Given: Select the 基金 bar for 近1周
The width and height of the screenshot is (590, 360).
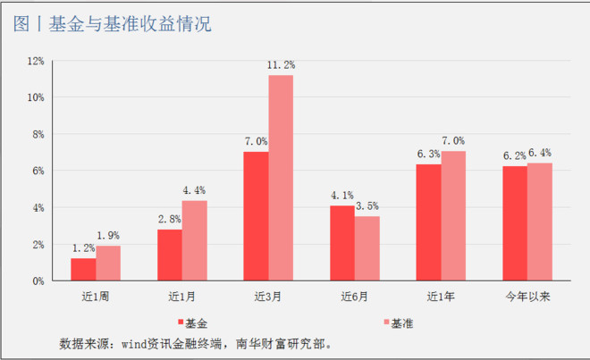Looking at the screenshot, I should click(83, 269).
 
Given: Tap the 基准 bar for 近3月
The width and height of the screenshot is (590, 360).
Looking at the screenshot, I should click(281, 178).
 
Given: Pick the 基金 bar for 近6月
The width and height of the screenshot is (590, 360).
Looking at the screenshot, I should click(341, 243).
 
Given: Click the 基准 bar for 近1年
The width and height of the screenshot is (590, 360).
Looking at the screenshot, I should click(453, 216).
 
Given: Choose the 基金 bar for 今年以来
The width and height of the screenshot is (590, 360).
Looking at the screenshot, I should click(514, 223).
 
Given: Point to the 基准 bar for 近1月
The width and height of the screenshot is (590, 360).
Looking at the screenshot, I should click(194, 240).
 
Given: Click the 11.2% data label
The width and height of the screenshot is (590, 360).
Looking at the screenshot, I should click(282, 65).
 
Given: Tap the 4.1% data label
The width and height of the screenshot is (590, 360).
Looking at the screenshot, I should click(341, 196).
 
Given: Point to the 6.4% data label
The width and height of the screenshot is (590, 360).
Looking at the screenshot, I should click(540, 153).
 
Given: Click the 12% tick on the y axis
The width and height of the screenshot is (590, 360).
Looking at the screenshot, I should click(36, 61).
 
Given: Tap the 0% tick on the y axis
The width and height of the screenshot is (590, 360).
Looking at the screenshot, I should click(38, 280).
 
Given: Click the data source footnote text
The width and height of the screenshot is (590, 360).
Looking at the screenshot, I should click(201, 343).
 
